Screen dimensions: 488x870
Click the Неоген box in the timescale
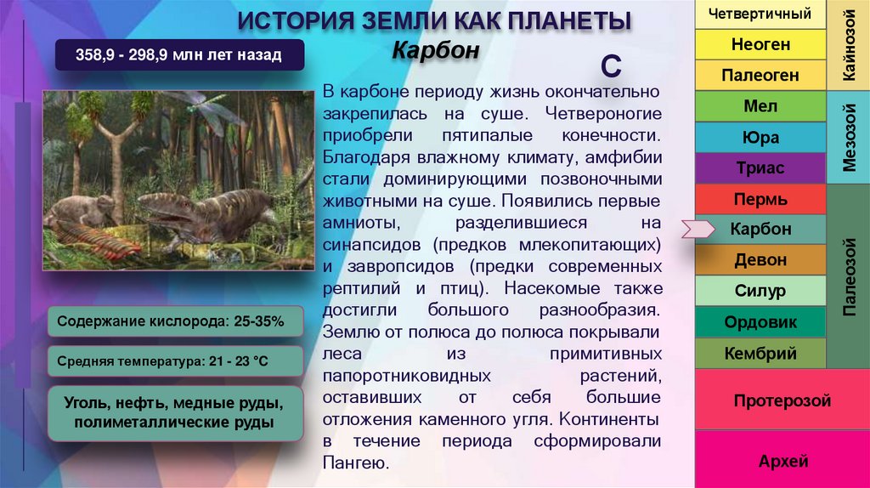click(x=760, y=44)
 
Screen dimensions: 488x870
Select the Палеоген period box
click(x=760, y=76)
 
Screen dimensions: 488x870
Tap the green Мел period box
click(x=760, y=107)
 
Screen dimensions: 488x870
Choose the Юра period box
click(x=760, y=138)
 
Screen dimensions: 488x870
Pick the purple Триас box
click(x=760, y=168)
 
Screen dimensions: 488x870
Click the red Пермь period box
click(x=760, y=200)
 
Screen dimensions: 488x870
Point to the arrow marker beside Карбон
click(x=697, y=228)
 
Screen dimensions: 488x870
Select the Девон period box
click(x=760, y=260)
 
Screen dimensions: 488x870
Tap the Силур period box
click(x=760, y=292)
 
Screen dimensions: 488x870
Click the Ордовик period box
click(x=760, y=323)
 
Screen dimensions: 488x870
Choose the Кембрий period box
click(x=760, y=353)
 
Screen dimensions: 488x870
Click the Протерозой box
click(x=782, y=400)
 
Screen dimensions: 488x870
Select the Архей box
click(x=782, y=462)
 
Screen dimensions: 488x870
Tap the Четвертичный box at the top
click(x=760, y=14)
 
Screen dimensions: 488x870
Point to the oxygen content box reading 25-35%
click(x=176, y=321)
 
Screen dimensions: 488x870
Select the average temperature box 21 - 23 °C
click(x=176, y=361)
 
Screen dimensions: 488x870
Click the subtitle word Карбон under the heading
click(x=436, y=51)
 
